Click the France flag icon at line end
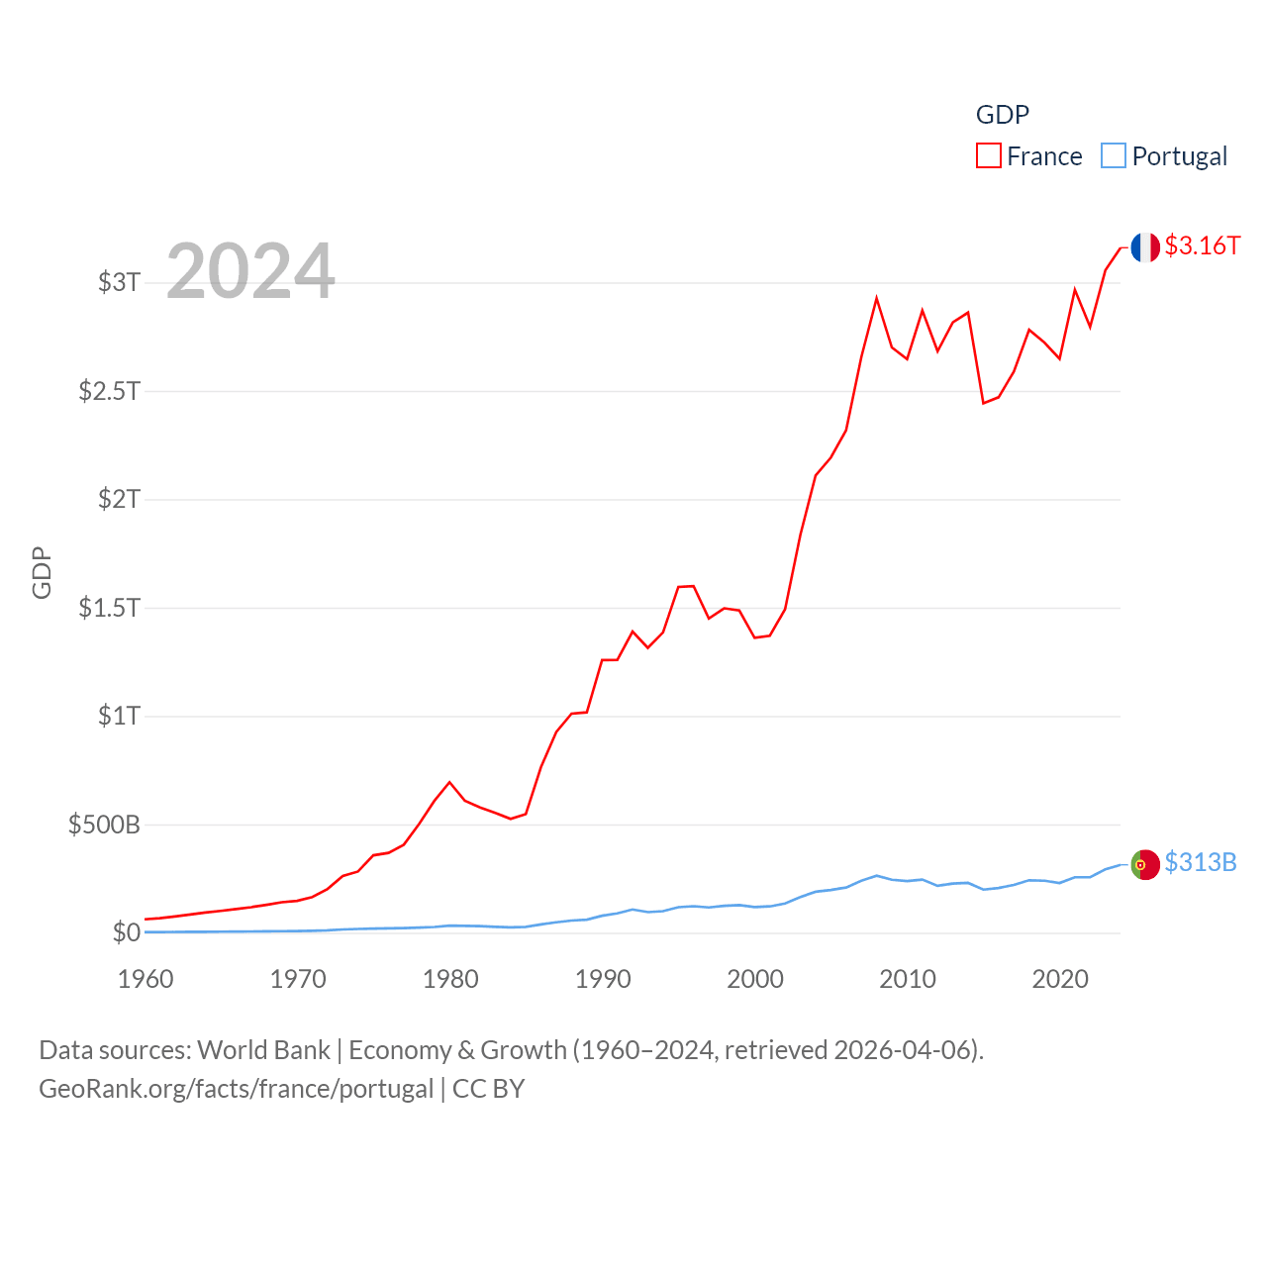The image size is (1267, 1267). (1145, 247)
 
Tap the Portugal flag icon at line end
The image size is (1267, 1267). (1145, 864)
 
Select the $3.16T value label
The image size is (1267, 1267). (1203, 245)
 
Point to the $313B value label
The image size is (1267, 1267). (1201, 862)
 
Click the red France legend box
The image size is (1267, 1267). (988, 156)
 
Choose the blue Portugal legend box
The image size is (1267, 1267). (1114, 156)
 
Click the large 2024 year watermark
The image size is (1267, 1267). (250, 271)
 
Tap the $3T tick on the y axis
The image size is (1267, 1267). (120, 282)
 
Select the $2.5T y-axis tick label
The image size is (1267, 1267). (110, 391)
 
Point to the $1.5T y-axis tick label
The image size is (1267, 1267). (110, 607)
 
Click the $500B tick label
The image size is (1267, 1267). (104, 825)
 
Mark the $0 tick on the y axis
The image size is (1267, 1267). (127, 932)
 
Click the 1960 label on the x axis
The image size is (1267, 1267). (146, 979)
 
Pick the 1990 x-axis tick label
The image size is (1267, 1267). (603, 979)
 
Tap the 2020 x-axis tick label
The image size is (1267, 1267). (1060, 979)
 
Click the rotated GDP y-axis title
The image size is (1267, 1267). (42, 572)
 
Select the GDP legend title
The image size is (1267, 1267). (1003, 115)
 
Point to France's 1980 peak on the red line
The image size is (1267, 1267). (449, 782)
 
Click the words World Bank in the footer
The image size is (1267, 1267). (263, 1049)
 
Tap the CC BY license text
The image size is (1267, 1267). (488, 1089)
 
